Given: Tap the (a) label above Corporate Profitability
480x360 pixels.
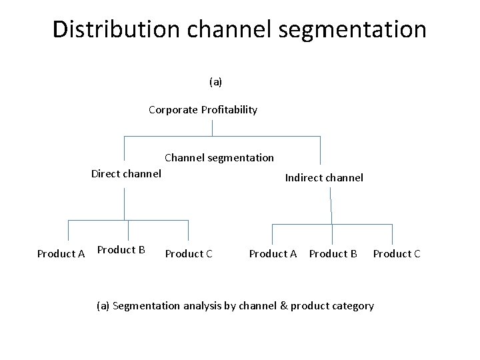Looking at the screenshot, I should (215, 81).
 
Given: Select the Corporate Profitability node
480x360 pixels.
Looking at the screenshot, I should (203, 109).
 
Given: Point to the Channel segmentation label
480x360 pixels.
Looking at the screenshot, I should (219, 157).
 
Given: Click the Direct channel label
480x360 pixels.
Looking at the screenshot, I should (126, 174).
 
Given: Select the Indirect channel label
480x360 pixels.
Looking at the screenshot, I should (324, 177).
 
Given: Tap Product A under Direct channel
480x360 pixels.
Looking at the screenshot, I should (61, 253).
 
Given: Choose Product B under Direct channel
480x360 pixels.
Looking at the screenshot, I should (121, 250).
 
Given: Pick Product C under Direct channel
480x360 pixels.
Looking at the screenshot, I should (189, 253).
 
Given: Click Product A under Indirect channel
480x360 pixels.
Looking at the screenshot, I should (273, 253).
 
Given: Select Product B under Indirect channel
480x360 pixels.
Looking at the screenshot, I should (333, 253).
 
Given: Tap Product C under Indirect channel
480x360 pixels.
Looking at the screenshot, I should (397, 253).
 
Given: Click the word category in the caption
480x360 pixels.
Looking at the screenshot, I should (353, 306).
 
